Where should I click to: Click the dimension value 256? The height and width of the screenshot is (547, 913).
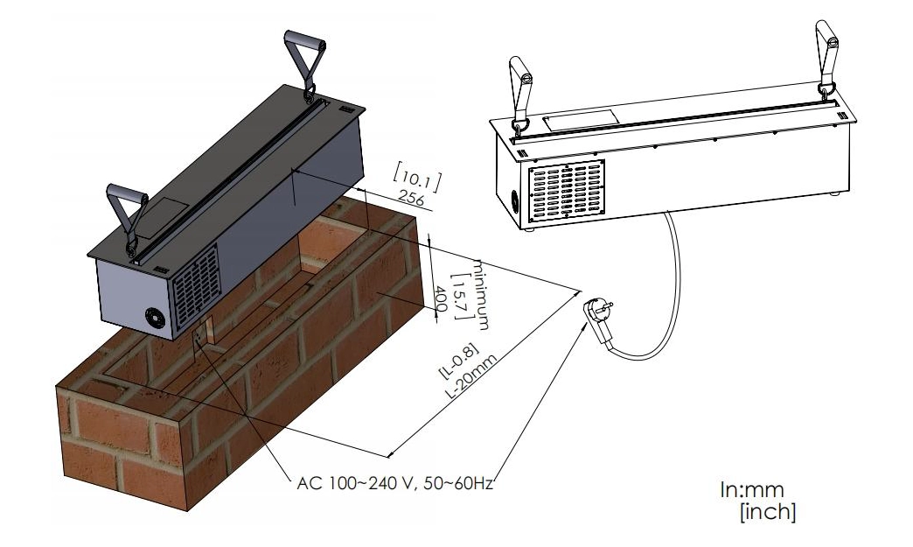(x=410, y=200)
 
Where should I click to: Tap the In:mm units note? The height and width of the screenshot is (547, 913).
(x=752, y=491)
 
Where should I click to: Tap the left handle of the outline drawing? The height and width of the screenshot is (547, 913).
(x=520, y=92)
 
